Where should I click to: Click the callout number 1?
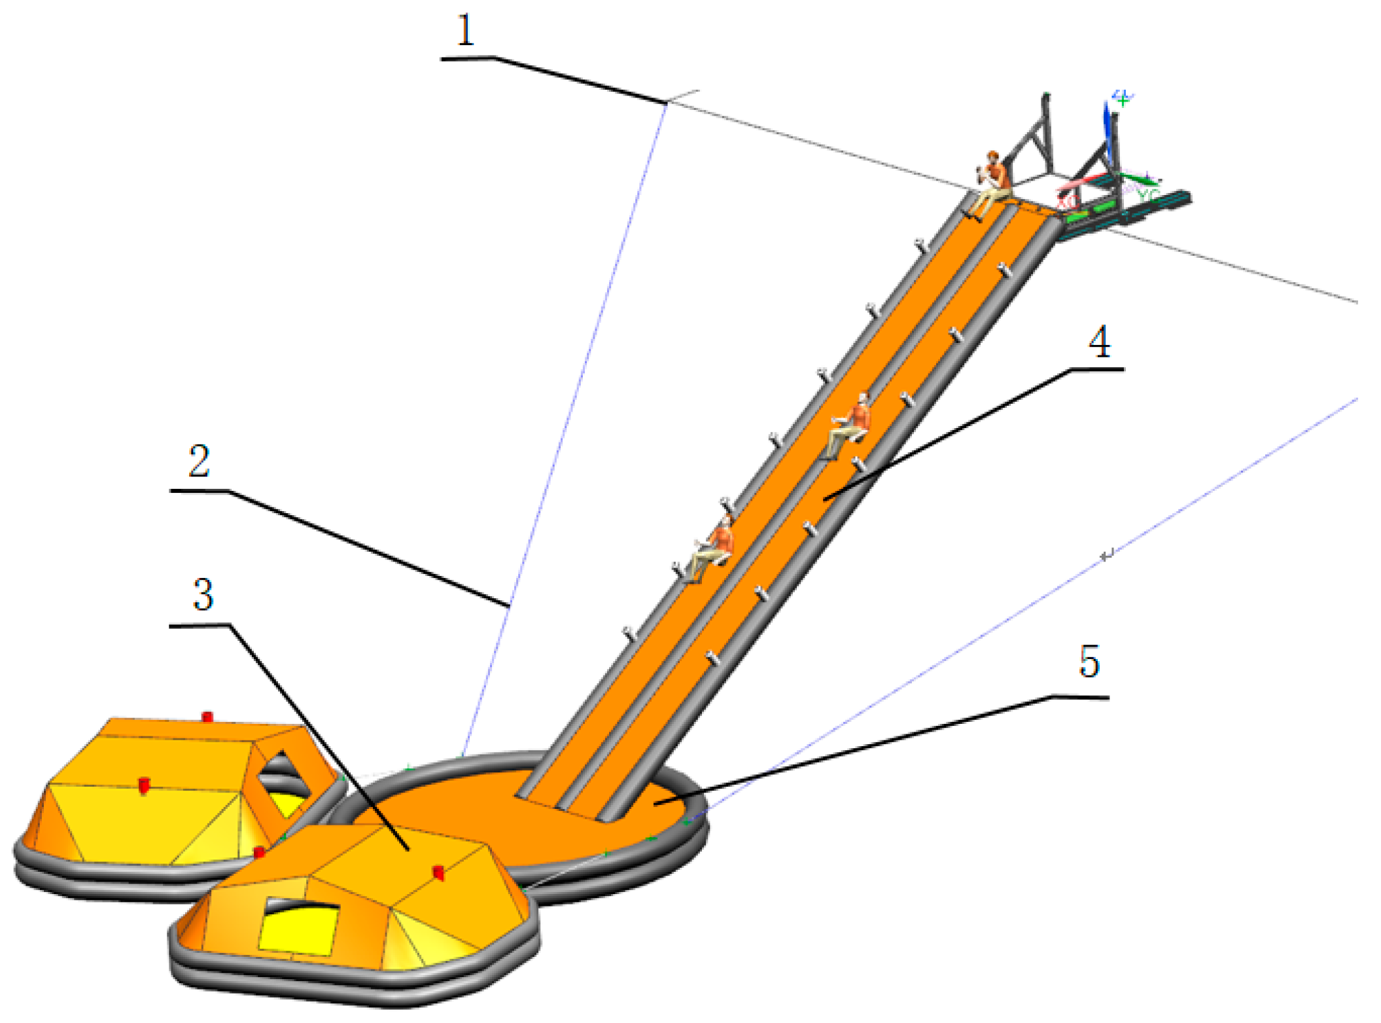pyautogui.click(x=465, y=31)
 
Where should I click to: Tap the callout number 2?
pyautogui.click(x=199, y=461)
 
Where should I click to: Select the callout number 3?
pyautogui.click(x=203, y=595)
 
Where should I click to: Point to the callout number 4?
pyautogui.click(x=1099, y=342)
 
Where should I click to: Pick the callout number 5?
pyautogui.click(x=1089, y=662)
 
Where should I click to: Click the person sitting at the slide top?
pyautogui.click(x=990, y=183)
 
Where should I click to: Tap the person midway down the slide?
pyautogui.click(x=850, y=425)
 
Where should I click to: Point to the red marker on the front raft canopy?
pyautogui.click(x=438, y=872)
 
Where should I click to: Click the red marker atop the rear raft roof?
pyautogui.click(x=207, y=717)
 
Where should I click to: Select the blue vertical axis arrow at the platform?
pyautogui.click(x=1107, y=131)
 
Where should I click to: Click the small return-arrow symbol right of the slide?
pyautogui.click(x=1106, y=556)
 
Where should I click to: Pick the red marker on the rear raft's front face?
pyautogui.click(x=145, y=785)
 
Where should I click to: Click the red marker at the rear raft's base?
pyautogui.click(x=259, y=852)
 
